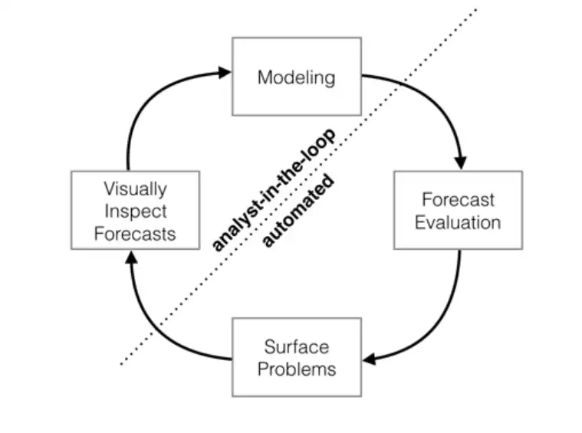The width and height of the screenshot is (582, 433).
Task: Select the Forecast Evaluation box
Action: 458,210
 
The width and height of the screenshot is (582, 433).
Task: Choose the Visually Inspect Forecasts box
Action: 135,210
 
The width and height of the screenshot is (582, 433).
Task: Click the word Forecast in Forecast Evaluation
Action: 458,199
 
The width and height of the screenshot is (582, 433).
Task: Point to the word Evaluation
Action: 458,222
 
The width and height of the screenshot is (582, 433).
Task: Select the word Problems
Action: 296,369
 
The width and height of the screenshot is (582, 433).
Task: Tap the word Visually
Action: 135,188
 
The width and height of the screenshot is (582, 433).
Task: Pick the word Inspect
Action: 135,211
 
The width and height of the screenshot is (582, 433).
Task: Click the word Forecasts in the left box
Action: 135,233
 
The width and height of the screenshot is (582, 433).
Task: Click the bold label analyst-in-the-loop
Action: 272,192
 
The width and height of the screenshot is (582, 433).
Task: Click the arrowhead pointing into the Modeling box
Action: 224,73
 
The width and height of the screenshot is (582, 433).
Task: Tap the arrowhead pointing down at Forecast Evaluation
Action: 460,162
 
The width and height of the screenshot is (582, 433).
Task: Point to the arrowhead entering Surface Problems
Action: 369,359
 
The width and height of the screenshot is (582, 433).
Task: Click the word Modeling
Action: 296,77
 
